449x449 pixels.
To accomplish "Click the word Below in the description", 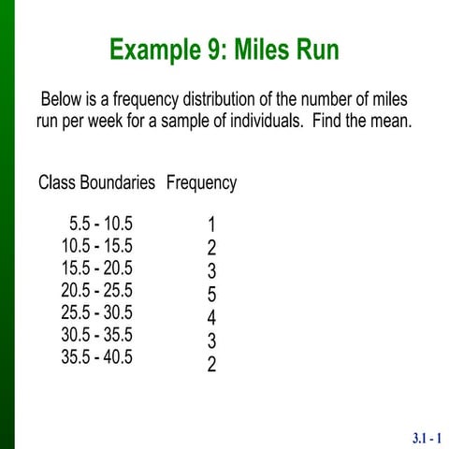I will point(64,99).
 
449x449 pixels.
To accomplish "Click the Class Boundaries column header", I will point(96,183).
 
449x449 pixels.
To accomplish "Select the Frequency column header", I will point(201,183).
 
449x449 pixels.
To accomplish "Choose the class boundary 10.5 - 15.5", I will point(96,247).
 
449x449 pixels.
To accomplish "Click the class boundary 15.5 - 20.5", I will point(96,268).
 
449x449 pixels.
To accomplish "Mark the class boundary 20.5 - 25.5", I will point(96,291).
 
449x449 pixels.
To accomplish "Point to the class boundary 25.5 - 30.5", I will point(96,312).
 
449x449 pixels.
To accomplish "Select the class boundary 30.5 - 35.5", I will point(96,335).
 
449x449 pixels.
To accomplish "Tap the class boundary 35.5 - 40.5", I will point(96,356).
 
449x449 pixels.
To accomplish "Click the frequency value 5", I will point(212,295).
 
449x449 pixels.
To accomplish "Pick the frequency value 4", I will point(212,318).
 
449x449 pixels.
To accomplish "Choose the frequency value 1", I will point(212,225).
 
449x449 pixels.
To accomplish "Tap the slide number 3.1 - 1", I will point(427,437).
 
